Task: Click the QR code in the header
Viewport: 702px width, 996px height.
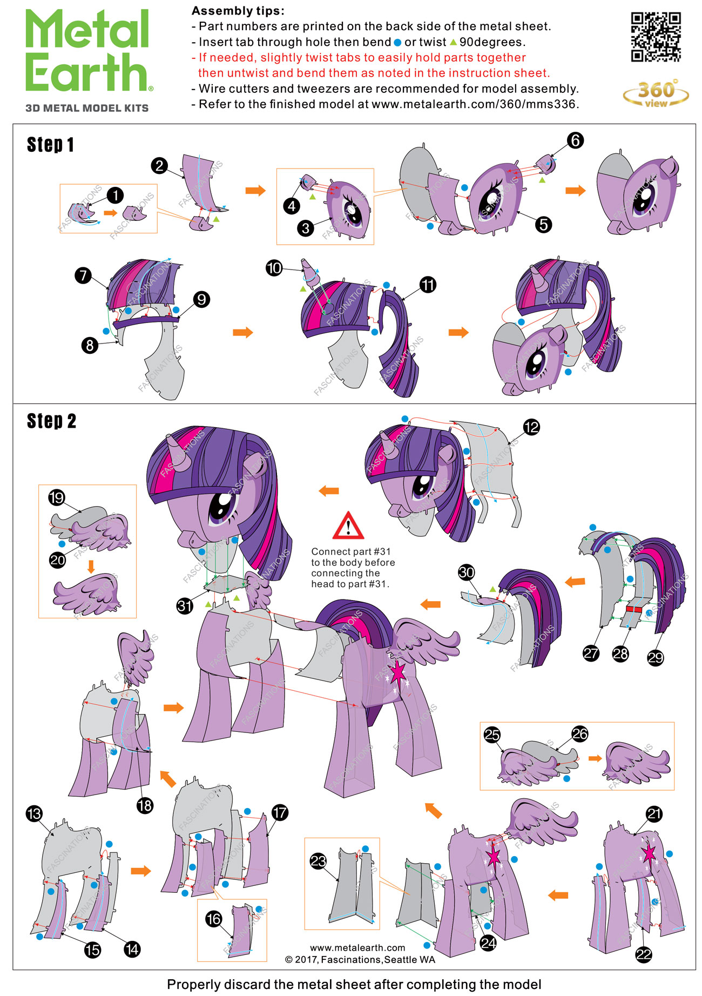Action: click(x=656, y=37)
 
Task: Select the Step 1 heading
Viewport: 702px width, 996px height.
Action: click(x=50, y=145)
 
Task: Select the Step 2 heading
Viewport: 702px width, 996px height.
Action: click(x=51, y=421)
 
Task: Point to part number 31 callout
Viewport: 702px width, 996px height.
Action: click(x=185, y=605)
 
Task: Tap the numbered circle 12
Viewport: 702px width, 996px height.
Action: click(x=531, y=427)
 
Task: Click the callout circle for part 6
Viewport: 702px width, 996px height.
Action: click(x=575, y=140)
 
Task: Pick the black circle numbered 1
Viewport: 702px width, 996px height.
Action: click(x=115, y=196)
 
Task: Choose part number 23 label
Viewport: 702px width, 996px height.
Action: click(x=318, y=861)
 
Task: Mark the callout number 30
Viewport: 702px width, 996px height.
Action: click(x=467, y=573)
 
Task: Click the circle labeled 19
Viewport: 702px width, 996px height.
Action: click(x=57, y=497)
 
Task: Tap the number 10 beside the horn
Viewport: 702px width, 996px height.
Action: click(x=274, y=267)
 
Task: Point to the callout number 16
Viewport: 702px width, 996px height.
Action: click(x=214, y=919)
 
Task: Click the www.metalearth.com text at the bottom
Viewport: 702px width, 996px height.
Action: click(x=357, y=947)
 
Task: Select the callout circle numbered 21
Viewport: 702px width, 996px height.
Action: click(x=654, y=814)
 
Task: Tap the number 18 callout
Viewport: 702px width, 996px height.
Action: click(x=145, y=805)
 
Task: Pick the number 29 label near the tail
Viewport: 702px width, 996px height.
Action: click(x=655, y=657)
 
